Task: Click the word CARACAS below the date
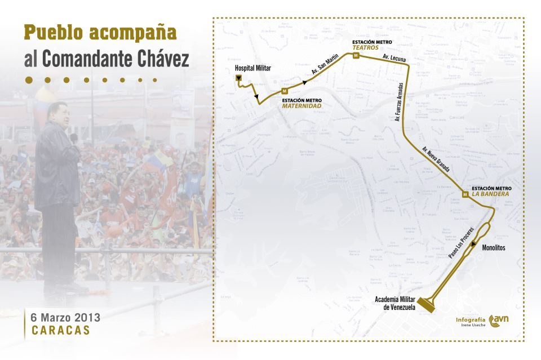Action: tap(61, 330)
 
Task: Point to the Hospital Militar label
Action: tap(252, 68)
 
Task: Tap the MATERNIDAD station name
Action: tap(302, 106)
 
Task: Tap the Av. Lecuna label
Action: tap(393, 57)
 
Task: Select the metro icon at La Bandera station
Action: tap(465, 194)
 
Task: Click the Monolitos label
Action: tap(494, 247)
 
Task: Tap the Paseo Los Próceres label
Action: tap(461, 243)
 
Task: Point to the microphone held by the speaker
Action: tap(73, 138)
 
